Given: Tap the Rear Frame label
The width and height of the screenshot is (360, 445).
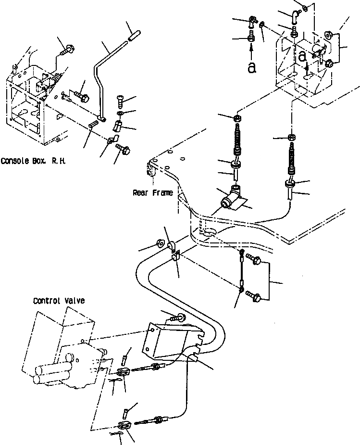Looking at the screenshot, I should (x=152, y=193).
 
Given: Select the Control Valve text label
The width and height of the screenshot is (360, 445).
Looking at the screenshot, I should (x=59, y=301).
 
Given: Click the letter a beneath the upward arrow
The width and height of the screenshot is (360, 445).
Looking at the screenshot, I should (x=251, y=68).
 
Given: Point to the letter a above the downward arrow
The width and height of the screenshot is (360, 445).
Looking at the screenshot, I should (x=302, y=56).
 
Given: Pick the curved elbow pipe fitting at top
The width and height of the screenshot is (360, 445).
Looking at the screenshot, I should (x=294, y=18).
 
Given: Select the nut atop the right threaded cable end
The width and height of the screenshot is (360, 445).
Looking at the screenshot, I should (x=291, y=138).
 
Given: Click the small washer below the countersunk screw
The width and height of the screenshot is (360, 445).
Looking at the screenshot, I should (x=120, y=114).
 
